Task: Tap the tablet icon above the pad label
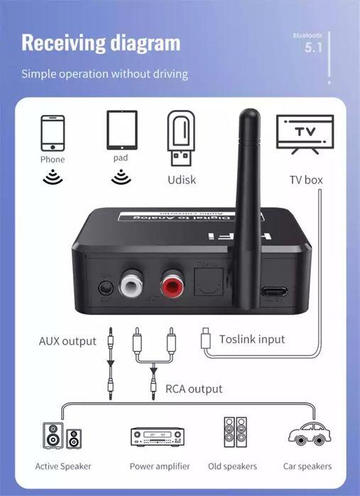[120, 130]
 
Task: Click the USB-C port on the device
[275, 290]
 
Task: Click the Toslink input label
[251, 339]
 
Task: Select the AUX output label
[67, 341]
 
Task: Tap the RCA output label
[194, 389]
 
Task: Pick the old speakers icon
[234, 433]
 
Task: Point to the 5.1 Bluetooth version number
[314, 48]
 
